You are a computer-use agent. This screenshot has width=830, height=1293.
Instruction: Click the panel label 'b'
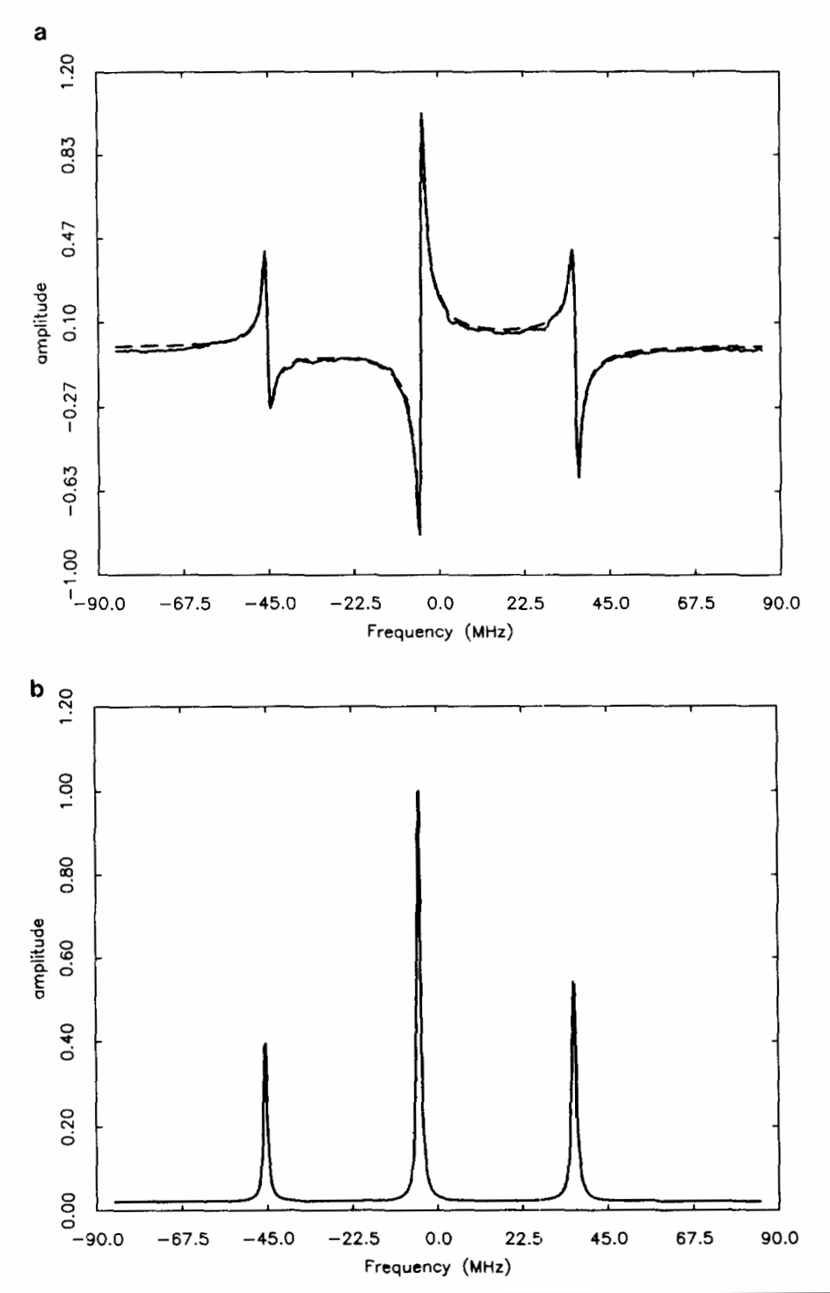(38, 689)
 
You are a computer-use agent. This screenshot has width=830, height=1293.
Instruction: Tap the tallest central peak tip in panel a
(421, 114)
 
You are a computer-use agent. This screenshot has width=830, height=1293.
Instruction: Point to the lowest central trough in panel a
(419, 533)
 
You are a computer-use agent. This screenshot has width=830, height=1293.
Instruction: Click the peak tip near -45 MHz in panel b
(265, 1044)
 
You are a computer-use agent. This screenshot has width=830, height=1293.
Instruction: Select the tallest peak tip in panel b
(418, 791)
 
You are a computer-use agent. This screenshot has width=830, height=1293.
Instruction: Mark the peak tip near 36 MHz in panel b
(573, 983)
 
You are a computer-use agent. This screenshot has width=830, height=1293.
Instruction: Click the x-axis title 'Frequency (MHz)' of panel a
(439, 631)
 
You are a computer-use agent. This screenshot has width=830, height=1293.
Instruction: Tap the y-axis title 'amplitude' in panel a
(41, 323)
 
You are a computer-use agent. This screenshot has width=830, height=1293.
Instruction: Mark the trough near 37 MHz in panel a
(579, 476)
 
